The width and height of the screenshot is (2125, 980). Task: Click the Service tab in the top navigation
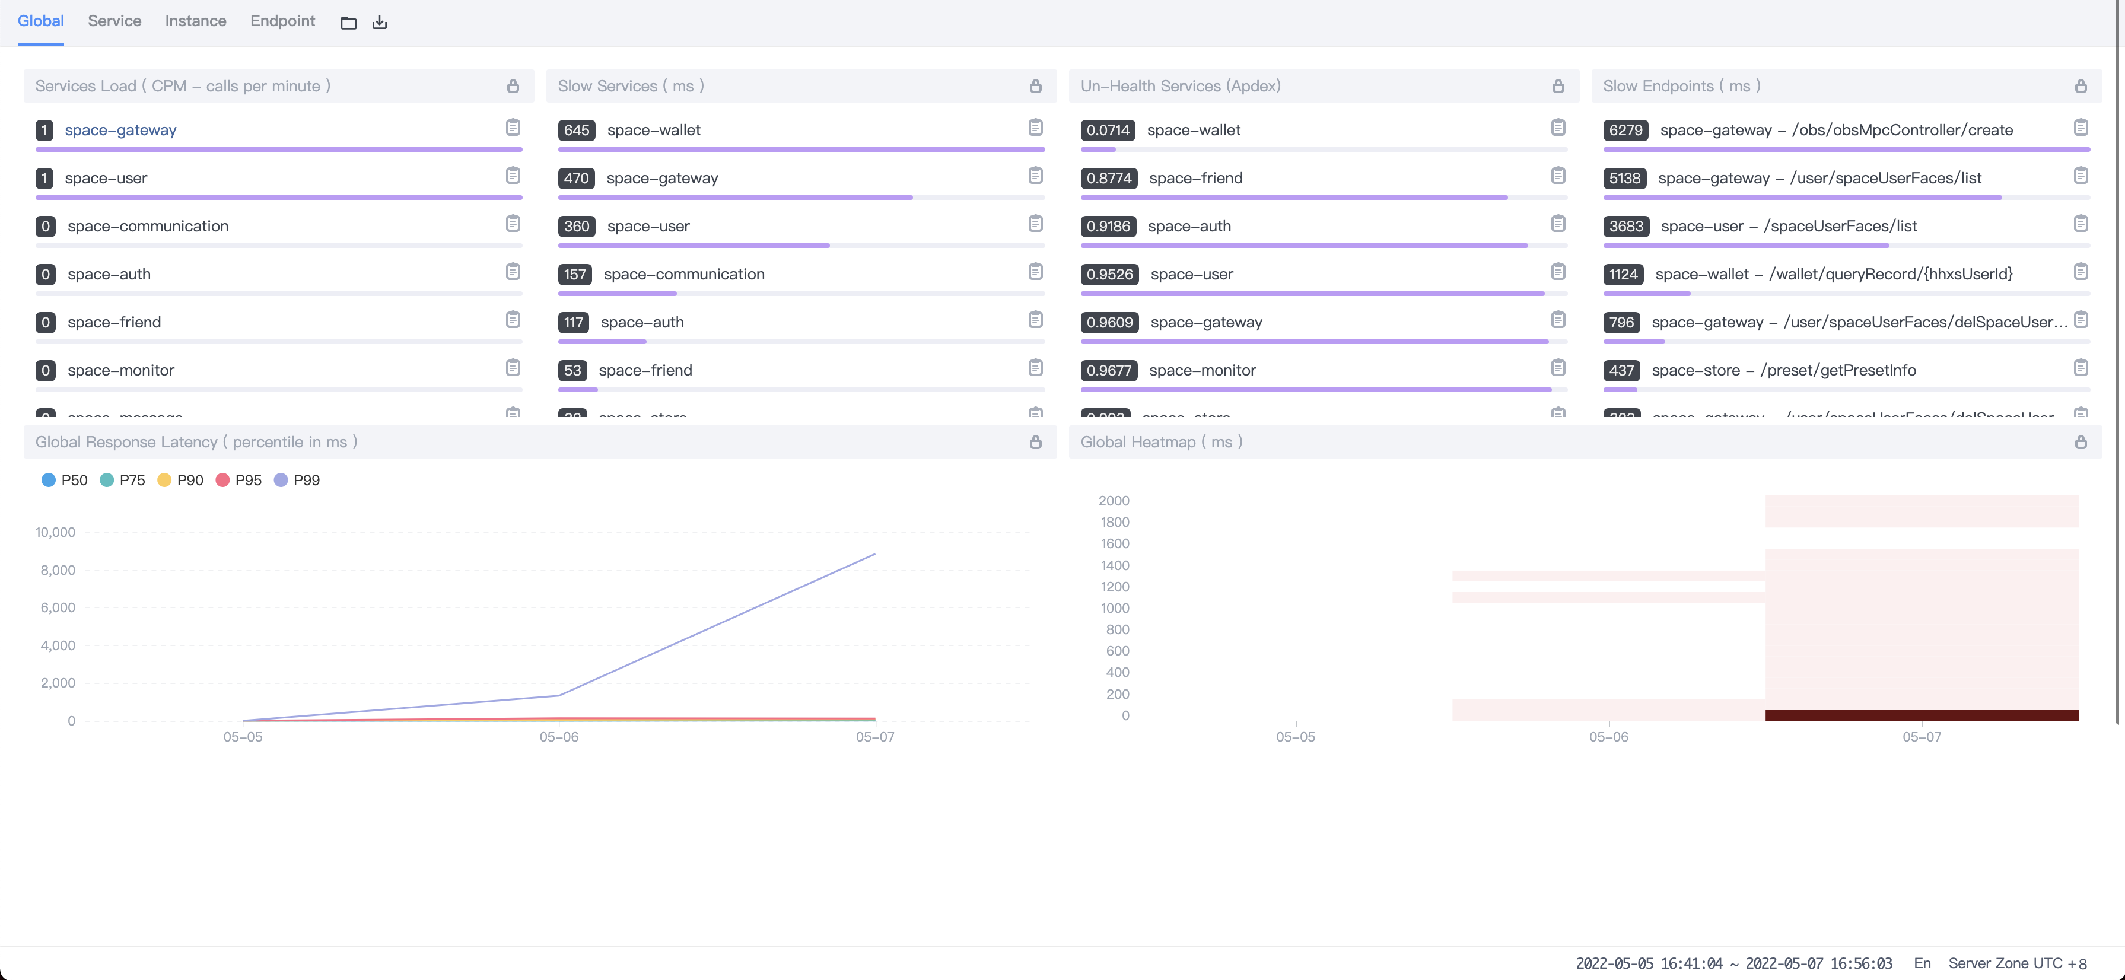click(114, 21)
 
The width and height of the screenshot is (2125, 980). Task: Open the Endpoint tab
click(282, 21)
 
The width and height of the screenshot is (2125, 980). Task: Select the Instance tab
click(196, 21)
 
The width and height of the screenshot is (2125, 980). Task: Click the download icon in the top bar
click(380, 23)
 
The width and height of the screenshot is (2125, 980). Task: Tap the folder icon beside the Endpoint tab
click(348, 23)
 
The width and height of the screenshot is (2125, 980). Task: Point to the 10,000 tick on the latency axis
click(55, 532)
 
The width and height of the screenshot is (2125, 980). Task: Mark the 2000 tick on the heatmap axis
click(1114, 501)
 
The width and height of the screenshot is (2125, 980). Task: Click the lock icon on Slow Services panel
click(1035, 86)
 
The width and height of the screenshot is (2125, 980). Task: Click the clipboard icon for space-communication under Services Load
click(513, 224)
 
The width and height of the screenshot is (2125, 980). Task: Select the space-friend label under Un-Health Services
click(1195, 178)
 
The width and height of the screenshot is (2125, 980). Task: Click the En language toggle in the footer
click(1922, 963)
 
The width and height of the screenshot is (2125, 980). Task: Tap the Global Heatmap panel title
click(1160, 442)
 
